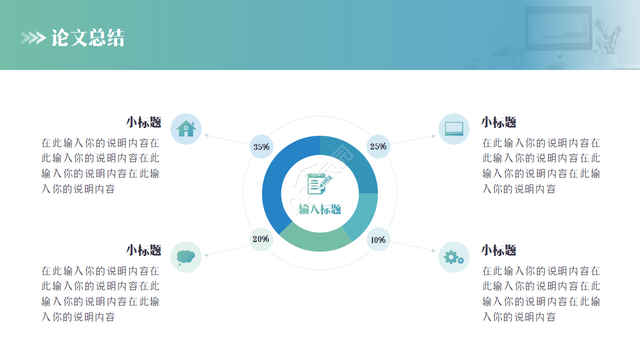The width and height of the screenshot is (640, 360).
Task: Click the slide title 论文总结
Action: coord(88,38)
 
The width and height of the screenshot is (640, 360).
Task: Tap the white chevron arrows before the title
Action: coord(33,38)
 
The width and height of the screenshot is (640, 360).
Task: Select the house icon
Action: coord(186,129)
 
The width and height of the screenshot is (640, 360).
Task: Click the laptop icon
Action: coord(454,129)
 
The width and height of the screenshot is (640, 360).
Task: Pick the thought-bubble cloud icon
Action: coord(186,257)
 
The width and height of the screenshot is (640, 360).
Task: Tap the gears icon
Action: coord(454,257)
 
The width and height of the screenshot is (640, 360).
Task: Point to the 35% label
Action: coord(261,147)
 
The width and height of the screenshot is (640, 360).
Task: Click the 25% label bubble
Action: coord(378,146)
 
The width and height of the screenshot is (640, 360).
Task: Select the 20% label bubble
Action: coord(261,239)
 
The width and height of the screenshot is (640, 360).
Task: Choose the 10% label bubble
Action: coord(378,240)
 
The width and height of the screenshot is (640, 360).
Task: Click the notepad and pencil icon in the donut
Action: coord(319,183)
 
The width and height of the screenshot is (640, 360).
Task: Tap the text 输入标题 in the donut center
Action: coord(320,209)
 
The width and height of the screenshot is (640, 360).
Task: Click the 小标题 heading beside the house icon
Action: coord(143,122)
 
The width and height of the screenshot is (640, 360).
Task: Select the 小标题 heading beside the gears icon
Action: coord(498,250)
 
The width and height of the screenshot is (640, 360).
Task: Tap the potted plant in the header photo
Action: coord(607,40)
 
